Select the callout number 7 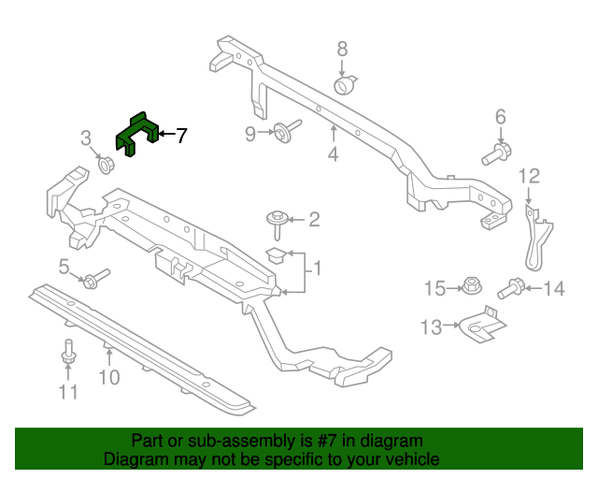180,136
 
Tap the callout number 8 342,49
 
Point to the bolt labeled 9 284,131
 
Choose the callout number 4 333,154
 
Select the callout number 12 529,175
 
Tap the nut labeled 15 471,285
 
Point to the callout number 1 317,269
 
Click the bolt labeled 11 68,355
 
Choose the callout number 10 109,377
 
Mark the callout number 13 431,327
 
